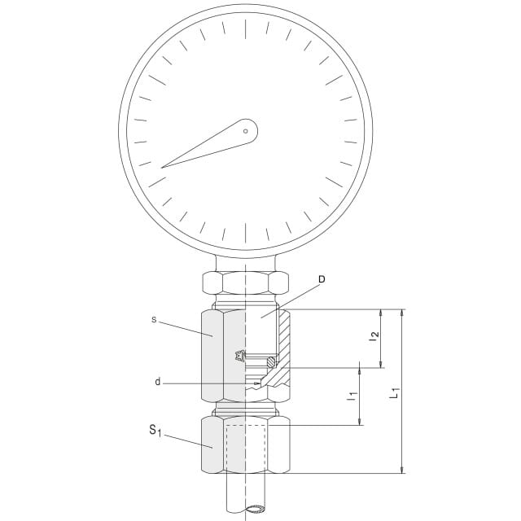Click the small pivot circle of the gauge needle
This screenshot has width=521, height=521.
pos(246,131)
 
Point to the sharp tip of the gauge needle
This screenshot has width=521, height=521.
pos(161,168)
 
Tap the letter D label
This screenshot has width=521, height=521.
pos(322,279)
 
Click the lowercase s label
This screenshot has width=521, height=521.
pos(154,320)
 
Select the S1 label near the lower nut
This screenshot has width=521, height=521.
pos(155,431)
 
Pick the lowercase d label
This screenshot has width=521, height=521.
pos(157,382)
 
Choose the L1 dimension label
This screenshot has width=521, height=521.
pos(394,392)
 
